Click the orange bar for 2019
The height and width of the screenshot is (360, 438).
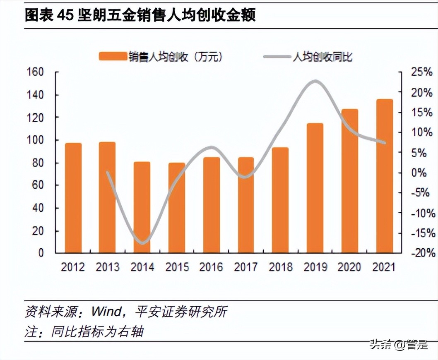coord(315,188)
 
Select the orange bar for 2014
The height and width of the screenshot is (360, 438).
coord(142,207)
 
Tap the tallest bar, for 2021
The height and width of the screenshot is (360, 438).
coord(384,176)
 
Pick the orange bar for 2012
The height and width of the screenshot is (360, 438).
coord(73,198)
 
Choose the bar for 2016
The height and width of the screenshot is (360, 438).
coord(211,205)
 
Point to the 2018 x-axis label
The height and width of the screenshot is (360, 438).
coord(281,267)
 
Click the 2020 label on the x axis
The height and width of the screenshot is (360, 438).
coord(349,267)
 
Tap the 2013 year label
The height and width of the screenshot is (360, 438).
coord(108,267)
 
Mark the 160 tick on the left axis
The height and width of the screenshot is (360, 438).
coord(35,72)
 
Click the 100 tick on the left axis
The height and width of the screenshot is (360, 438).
coord(35,140)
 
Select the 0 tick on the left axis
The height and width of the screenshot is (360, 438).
coord(41,253)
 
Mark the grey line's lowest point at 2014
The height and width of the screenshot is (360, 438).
coord(142,242)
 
